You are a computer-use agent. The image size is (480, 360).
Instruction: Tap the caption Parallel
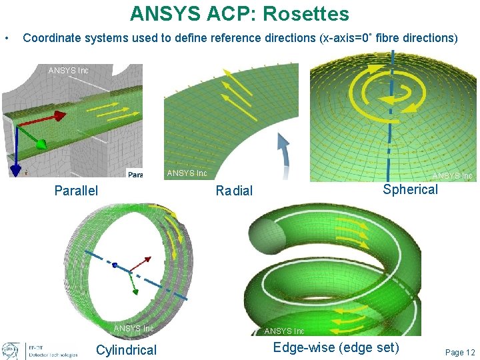tap(76, 191)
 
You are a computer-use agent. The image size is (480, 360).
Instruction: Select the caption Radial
tap(234, 191)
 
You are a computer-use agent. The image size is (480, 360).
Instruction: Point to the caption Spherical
tap(410, 189)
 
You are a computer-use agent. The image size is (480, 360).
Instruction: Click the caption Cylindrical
tap(126, 350)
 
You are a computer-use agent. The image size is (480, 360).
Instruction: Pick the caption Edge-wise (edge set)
tap(336, 347)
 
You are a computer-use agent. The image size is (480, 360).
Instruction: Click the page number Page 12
tap(460, 352)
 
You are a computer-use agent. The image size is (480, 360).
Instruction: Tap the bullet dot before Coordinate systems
tap(7, 38)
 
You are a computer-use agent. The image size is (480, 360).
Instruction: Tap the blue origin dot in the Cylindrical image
tap(115, 265)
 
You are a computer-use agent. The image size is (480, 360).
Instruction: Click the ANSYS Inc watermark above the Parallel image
tap(68, 70)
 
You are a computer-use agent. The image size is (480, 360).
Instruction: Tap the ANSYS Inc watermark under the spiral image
tap(284, 331)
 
